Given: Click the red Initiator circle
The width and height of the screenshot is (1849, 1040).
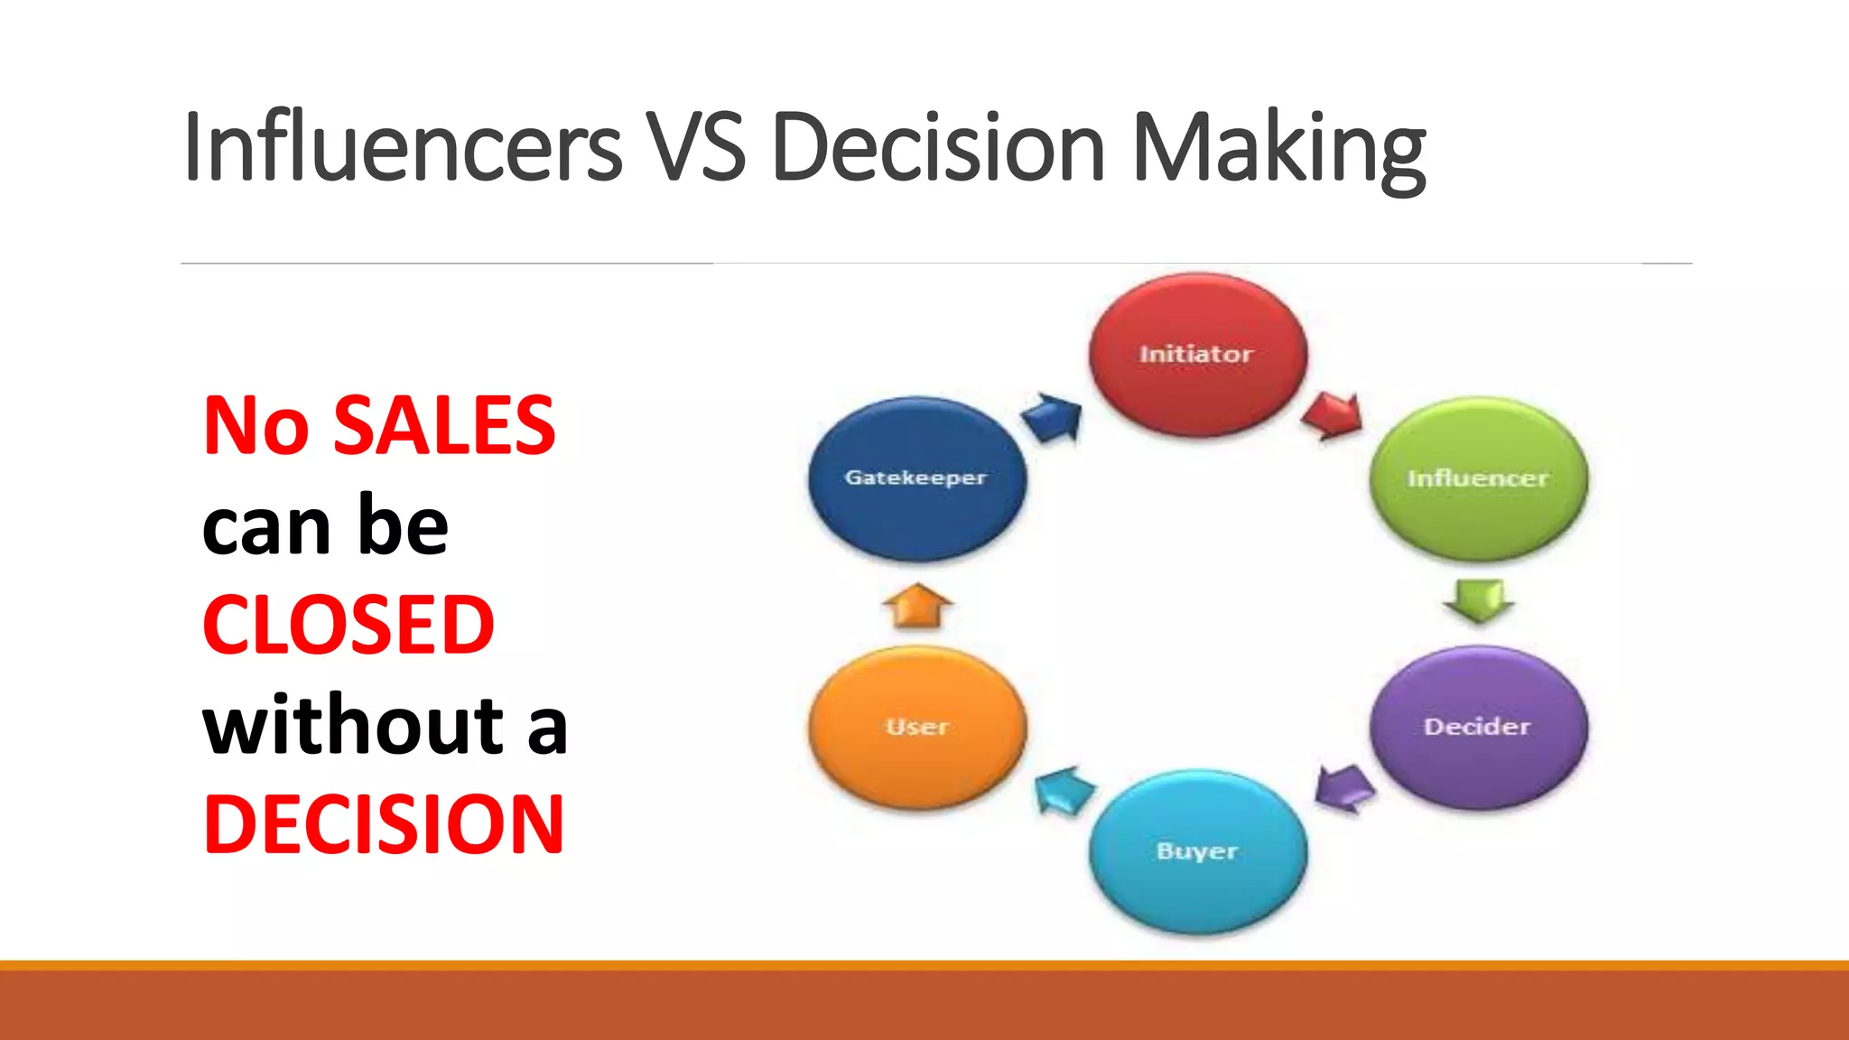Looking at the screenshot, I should [1197, 354].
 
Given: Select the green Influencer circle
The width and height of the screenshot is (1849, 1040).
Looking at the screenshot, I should [1478, 478].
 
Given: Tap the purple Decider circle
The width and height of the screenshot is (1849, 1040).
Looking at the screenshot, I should [1478, 727].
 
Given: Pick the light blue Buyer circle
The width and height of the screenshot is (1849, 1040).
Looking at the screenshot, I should [1197, 851].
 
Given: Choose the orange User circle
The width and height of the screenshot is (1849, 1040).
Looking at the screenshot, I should [917, 727].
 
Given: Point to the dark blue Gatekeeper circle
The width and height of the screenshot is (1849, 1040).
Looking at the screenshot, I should [916, 478].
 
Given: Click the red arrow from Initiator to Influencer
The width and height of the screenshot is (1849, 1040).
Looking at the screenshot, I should [1333, 415].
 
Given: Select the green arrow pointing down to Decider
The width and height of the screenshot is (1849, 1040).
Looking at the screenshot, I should [1478, 600].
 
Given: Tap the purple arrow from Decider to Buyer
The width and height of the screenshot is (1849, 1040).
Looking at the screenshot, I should [1344, 787].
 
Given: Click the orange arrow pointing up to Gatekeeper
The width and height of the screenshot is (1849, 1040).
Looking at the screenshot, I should [917, 605].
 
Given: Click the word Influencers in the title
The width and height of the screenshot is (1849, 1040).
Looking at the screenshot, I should [402, 146].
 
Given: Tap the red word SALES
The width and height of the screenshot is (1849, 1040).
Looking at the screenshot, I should [444, 425].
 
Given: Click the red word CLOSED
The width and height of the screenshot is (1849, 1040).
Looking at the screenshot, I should [348, 625].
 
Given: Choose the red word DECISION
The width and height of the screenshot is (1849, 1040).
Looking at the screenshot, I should [384, 823].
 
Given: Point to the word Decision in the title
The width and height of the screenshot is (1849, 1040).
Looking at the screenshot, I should [938, 146].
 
